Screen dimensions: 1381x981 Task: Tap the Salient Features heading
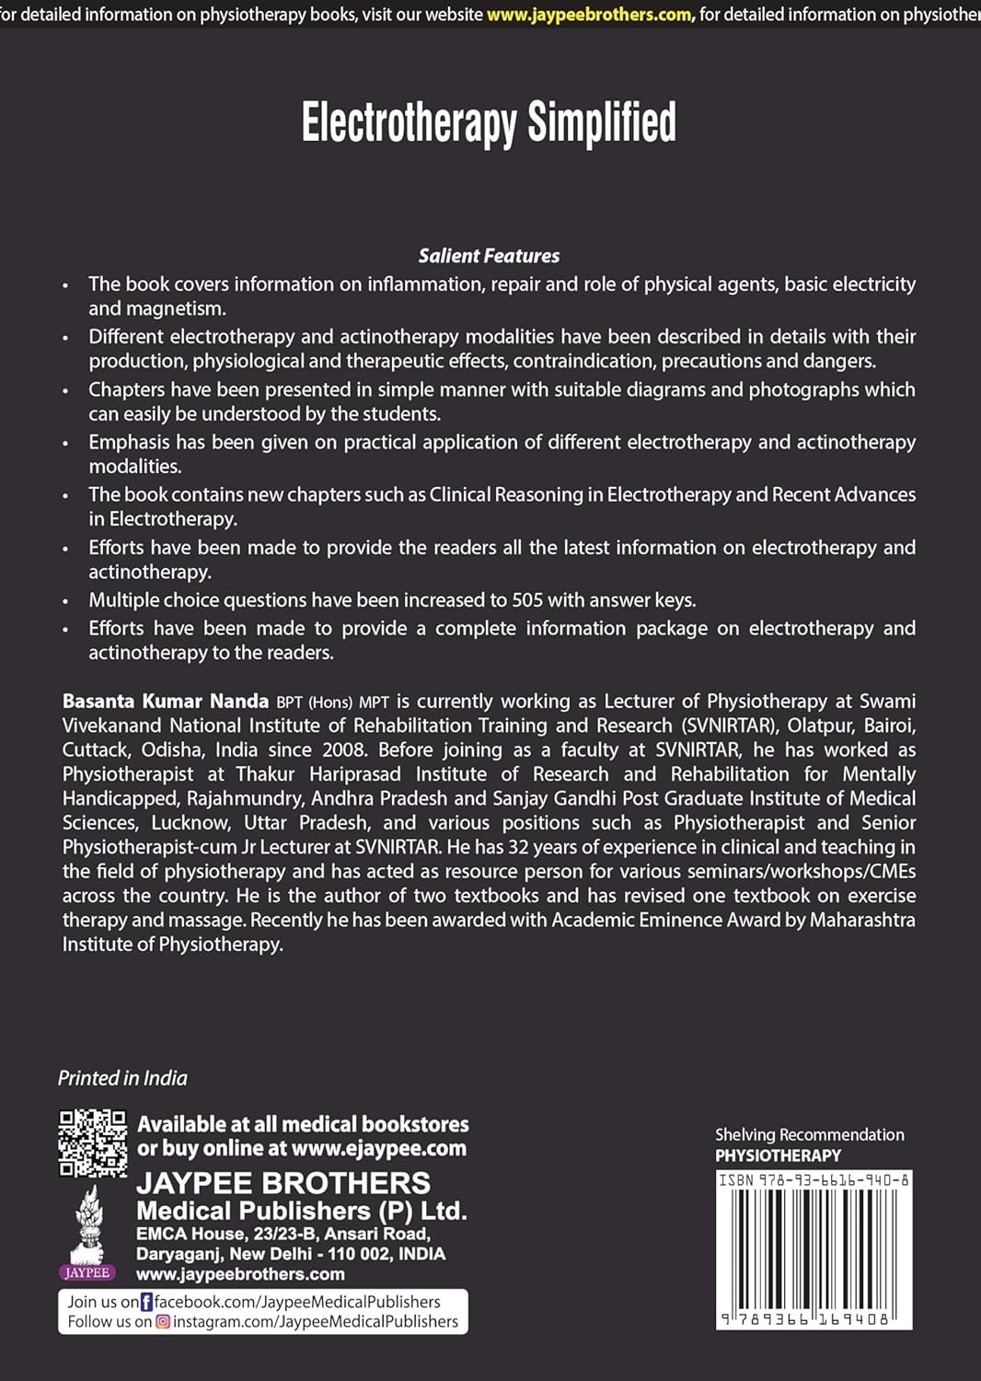pos(489,256)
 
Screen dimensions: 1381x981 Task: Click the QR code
pos(93,1143)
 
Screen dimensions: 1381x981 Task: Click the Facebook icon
pos(146,1302)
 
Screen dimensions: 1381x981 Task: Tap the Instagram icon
pos(163,1322)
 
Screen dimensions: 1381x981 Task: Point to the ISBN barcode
pos(814,1248)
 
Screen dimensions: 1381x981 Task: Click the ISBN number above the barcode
pos(814,1179)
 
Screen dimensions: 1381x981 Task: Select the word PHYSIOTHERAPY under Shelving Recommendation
pos(778,1155)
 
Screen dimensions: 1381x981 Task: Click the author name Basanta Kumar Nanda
pos(166,702)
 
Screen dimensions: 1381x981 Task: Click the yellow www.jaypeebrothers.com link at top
pos(589,15)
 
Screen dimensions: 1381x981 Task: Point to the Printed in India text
pos(122,1078)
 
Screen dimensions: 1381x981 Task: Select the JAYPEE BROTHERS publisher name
pos(283,1183)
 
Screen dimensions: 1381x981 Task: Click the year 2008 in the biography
pos(345,750)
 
